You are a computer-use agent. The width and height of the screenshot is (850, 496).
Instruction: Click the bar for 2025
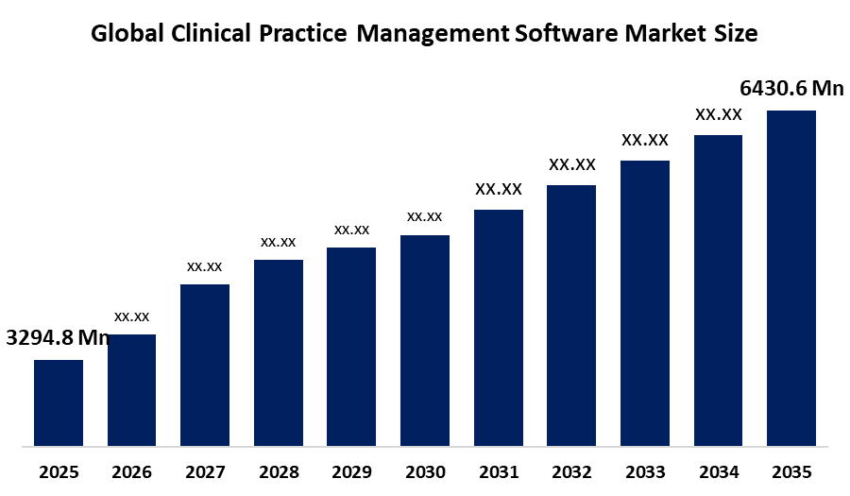coord(59,402)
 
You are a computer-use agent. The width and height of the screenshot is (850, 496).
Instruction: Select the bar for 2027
coord(205,366)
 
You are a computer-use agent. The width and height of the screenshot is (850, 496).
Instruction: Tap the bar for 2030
coord(425,340)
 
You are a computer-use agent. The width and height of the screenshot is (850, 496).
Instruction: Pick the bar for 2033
coord(645,303)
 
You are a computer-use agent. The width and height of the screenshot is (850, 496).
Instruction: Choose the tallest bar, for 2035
coord(791,279)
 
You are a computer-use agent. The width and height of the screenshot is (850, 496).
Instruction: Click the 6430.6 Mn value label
coord(792,88)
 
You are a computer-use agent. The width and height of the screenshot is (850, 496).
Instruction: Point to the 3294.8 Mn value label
coord(58,337)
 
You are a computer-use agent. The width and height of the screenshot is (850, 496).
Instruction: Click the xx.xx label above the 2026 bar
coord(131,316)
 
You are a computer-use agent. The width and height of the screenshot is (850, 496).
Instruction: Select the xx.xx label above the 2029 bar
coord(352,230)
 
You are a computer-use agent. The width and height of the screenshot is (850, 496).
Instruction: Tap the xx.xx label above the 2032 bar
coord(572,164)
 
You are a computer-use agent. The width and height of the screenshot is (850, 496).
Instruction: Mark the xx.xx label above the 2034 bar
coord(719,114)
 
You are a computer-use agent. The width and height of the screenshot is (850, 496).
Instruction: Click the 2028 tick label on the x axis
coord(279,472)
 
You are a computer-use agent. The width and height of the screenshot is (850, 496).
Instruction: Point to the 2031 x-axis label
coord(499,472)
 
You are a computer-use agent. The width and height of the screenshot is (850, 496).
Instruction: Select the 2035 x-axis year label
coord(791,472)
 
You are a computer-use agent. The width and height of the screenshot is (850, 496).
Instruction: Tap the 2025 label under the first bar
coord(59,472)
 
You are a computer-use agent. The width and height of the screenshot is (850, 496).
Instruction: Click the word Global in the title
coord(127,33)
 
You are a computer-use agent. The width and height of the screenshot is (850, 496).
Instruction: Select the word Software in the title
coord(566,33)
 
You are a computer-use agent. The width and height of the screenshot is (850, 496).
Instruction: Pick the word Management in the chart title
coord(433,34)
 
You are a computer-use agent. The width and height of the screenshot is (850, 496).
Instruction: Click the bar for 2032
coord(571,316)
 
